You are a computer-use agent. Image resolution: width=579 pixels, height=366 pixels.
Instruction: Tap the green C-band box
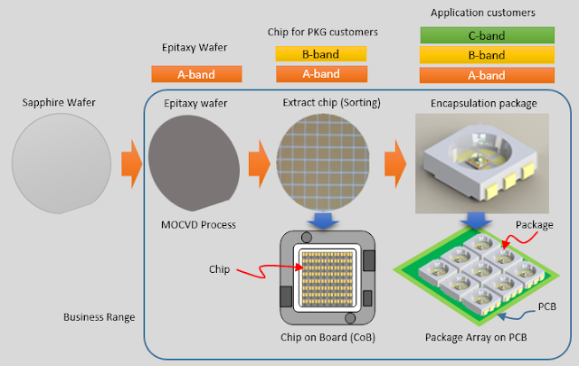[x=487, y=34]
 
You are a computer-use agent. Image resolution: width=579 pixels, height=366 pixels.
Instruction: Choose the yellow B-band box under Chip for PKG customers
[x=319, y=53]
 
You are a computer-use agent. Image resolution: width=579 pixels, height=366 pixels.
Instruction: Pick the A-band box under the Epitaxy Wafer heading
[x=196, y=74]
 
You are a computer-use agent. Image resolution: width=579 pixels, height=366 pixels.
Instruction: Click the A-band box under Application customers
[x=487, y=75]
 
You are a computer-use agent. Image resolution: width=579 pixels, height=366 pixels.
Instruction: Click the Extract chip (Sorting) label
[x=319, y=103]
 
